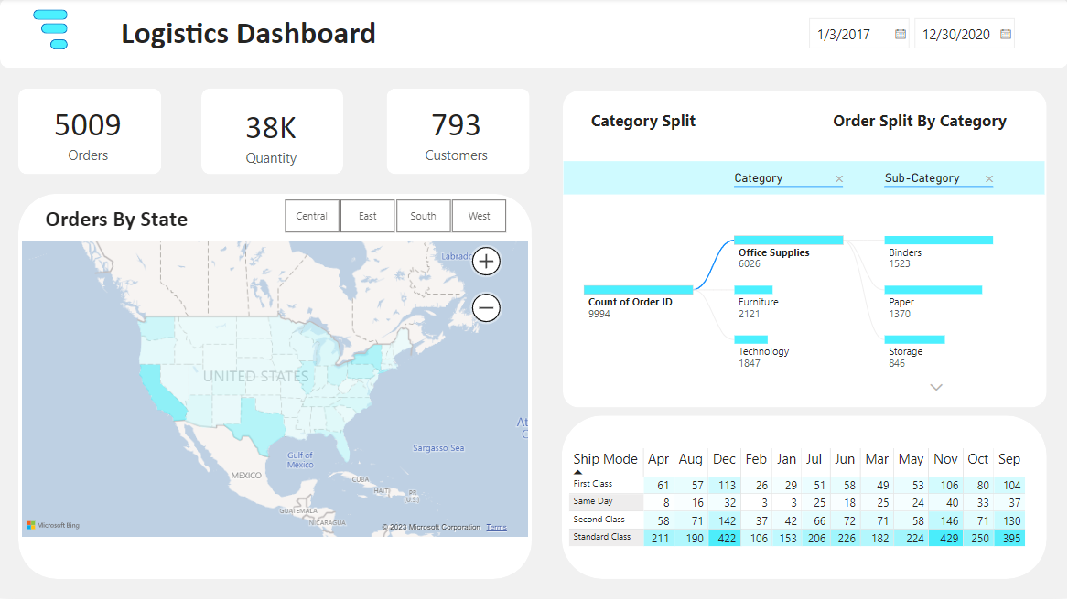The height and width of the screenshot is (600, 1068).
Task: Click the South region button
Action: click(x=423, y=217)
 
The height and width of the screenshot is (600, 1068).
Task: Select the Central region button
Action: click(x=312, y=217)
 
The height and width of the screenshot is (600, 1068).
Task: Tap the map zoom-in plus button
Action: click(x=486, y=262)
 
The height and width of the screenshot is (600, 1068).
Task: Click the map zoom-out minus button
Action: click(x=486, y=308)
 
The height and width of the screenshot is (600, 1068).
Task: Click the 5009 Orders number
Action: click(x=88, y=125)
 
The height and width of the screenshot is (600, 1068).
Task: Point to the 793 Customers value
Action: click(x=456, y=125)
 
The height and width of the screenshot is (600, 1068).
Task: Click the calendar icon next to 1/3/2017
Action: click(x=900, y=35)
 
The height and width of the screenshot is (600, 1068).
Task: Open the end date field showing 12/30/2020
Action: click(x=956, y=35)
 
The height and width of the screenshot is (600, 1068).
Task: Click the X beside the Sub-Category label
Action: click(x=988, y=179)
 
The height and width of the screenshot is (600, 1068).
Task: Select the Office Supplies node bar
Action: click(x=788, y=241)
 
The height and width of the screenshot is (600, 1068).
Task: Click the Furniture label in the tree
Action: click(x=759, y=302)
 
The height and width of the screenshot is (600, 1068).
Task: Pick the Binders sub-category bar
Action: click(x=938, y=241)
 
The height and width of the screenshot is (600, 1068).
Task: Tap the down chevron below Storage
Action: click(x=935, y=388)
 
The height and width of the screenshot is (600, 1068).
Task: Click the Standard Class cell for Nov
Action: click(x=945, y=538)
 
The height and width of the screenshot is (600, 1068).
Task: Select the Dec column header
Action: click(x=724, y=459)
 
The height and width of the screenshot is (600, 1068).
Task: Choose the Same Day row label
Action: click(x=593, y=501)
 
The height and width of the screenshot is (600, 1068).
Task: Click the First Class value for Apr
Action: click(x=659, y=485)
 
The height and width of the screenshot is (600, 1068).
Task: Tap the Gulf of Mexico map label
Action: click(x=299, y=459)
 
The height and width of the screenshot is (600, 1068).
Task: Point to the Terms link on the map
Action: click(x=496, y=528)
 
